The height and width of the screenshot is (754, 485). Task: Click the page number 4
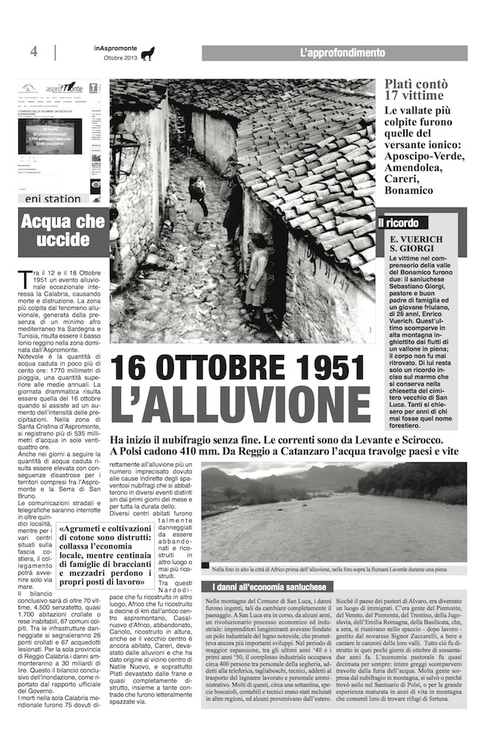(x=34, y=52)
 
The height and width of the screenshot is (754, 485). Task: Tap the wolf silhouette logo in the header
(x=148, y=54)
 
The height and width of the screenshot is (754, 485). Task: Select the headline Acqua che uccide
(x=63, y=232)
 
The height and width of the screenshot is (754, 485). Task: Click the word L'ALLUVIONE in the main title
(x=240, y=404)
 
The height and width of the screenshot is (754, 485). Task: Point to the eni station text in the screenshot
(x=52, y=199)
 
